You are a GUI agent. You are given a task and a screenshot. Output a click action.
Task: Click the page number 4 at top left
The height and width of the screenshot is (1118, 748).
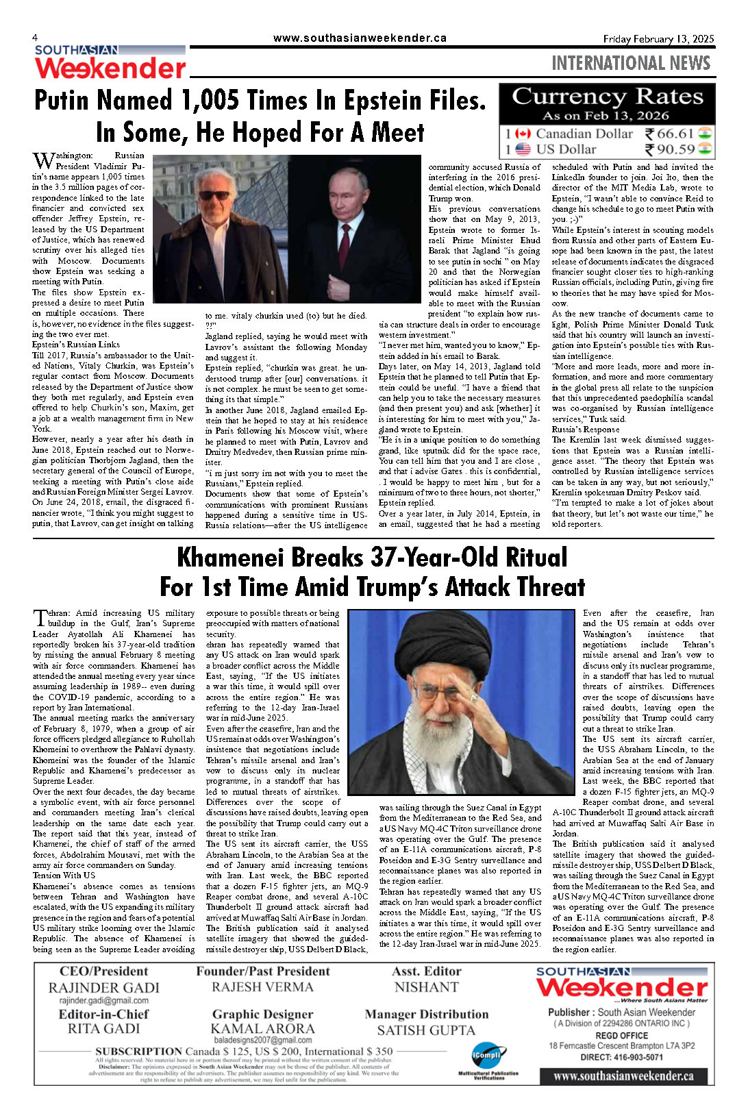point(35,38)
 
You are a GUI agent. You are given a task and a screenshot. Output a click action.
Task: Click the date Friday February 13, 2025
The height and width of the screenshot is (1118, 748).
point(658,39)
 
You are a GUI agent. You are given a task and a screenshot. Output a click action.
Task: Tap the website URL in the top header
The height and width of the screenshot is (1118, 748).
point(360,38)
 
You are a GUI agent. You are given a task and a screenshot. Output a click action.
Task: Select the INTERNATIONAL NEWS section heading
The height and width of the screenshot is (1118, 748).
point(630,64)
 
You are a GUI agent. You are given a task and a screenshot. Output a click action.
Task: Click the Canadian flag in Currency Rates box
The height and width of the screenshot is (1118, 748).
point(523,134)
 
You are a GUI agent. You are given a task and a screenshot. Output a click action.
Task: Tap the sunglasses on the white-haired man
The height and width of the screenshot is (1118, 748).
point(214,195)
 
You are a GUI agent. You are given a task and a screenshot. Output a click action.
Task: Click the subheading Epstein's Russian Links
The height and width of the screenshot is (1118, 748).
point(75,345)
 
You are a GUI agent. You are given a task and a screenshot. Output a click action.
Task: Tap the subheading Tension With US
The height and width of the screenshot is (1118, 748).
point(64,875)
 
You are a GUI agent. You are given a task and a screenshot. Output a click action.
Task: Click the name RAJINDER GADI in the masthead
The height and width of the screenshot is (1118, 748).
point(103,987)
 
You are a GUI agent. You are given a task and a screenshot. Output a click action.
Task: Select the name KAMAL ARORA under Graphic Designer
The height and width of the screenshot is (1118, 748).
point(262,1028)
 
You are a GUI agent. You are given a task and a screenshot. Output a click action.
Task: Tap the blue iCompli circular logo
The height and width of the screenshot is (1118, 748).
point(486,1056)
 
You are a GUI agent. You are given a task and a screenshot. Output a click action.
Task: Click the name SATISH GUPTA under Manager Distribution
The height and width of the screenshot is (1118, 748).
point(425,1030)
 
